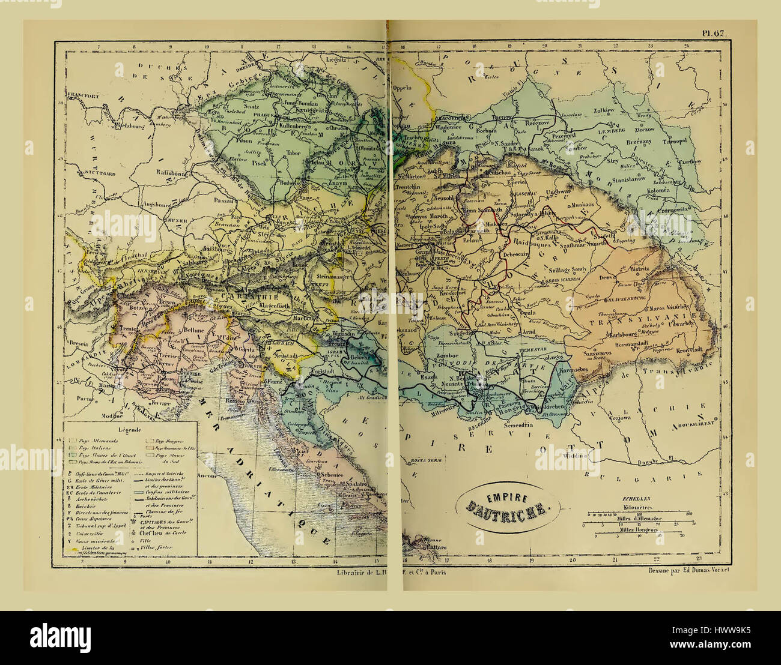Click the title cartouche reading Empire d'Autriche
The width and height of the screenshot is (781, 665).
(x=508, y=505)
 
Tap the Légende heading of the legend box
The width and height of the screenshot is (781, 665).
(x=130, y=430)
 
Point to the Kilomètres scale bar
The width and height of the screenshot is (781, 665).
(x=639, y=514)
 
